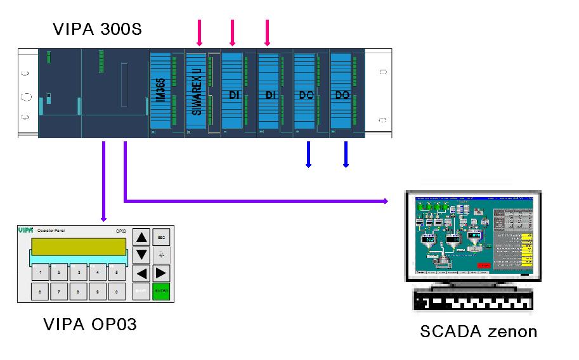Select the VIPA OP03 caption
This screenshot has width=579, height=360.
click(90, 325)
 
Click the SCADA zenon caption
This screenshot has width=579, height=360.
click(478, 331)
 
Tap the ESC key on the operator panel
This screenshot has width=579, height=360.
click(161, 237)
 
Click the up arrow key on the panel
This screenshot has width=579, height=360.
click(143, 238)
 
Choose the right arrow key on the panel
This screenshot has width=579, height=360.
click(161, 274)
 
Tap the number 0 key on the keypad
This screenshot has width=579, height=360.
click(117, 292)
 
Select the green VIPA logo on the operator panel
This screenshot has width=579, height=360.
click(26, 229)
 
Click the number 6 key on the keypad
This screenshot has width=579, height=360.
click(41, 292)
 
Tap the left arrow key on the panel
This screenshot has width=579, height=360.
click(143, 274)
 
